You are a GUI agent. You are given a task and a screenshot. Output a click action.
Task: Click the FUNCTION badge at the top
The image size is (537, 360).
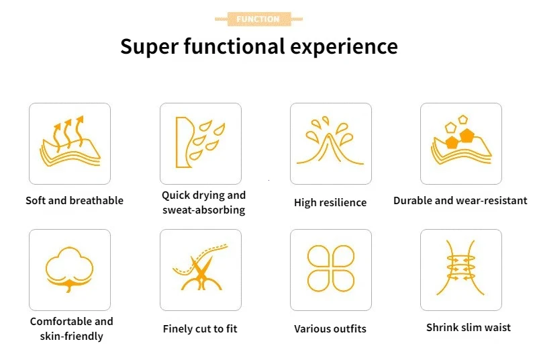tap(258, 19)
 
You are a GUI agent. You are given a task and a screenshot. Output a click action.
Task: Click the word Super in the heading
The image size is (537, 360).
tap(149, 47)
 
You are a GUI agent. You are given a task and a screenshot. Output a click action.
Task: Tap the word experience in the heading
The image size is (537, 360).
tap(344, 47)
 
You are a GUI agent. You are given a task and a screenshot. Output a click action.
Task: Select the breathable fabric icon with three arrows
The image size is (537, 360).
tap(70, 141)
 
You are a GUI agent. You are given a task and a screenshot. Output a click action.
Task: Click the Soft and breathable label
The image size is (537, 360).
tap(75, 200)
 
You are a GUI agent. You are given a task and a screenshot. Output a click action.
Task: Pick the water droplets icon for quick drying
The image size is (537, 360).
tap(200, 142)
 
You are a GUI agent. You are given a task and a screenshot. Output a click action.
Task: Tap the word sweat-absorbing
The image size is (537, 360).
tap(204, 210)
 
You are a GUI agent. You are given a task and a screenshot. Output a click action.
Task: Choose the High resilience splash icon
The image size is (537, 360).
tap(330, 140)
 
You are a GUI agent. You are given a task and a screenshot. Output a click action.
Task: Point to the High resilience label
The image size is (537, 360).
tap(330, 202)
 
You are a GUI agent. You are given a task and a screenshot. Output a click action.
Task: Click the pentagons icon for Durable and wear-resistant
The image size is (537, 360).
tap(461, 140)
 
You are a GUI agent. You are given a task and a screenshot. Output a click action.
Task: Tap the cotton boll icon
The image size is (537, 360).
tap(70, 269)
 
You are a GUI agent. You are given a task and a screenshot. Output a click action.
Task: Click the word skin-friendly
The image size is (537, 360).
tap(71, 336)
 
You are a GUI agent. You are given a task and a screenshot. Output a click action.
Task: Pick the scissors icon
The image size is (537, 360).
tap(201, 267)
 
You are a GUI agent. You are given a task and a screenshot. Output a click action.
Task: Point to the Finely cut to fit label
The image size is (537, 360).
tap(200, 329)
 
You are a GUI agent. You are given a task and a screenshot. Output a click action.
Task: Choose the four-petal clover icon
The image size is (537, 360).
tap(331, 269)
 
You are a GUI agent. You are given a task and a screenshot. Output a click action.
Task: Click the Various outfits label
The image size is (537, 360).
tap(330, 329)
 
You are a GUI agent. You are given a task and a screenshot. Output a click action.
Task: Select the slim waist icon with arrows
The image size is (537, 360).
tap(461, 268)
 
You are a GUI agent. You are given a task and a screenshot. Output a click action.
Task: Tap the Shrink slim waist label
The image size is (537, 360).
tap(468, 328)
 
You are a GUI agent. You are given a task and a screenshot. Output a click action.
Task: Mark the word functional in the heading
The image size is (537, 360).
tap(234, 46)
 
